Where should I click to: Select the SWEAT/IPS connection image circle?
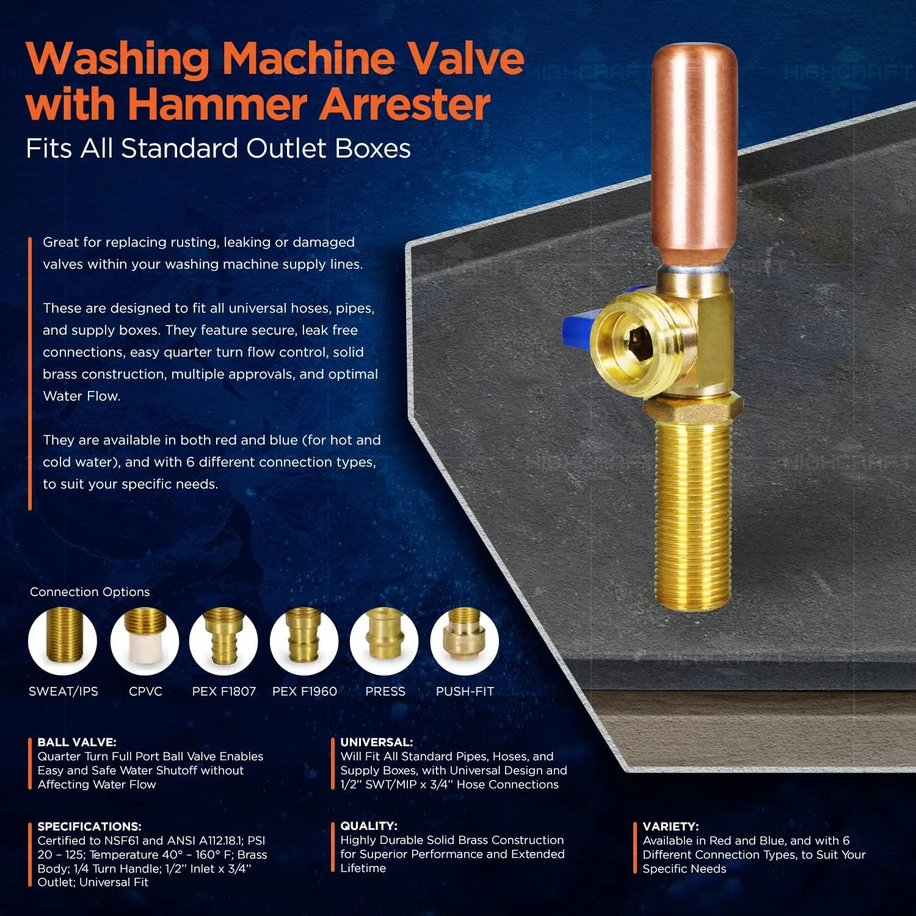click(x=62, y=641)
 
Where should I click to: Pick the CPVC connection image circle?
click(x=145, y=641)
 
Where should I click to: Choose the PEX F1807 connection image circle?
click(x=224, y=641)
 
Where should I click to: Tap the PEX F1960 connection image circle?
click(x=304, y=641)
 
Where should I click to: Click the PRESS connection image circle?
click(x=384, y=641)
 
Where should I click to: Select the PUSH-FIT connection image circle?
click(x=465, y=641)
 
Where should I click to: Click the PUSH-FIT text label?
click(x=465, y=691)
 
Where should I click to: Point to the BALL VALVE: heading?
click(x=77, y=743)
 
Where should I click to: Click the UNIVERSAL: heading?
click(x=377, y=743)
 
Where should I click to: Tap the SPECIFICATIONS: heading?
click(x=89, y=827)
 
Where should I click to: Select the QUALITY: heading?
click(x=369, y=826)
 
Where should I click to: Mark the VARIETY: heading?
click(x=671, y=827)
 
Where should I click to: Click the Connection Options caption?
click(x=90, y=592)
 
